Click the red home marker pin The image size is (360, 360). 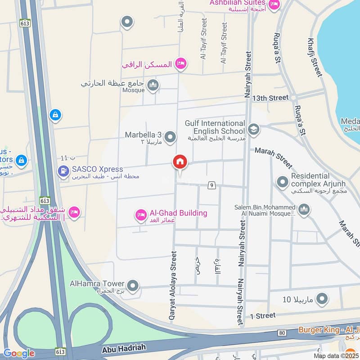point(180,162)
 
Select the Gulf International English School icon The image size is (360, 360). point(253,130)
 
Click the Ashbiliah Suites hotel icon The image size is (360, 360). point(274,5)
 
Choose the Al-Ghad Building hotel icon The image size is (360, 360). point(141,216)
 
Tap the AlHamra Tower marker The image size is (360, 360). point(132,285)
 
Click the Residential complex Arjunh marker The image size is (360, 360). point(282,182)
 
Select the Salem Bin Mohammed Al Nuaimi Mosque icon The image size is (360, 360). point(304,210)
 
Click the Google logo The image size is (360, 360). point(19,353)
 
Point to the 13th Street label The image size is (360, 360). point(270,98)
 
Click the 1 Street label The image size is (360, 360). point(263,316)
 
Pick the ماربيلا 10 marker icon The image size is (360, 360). point(322,298)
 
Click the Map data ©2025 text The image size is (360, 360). point(336,355)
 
